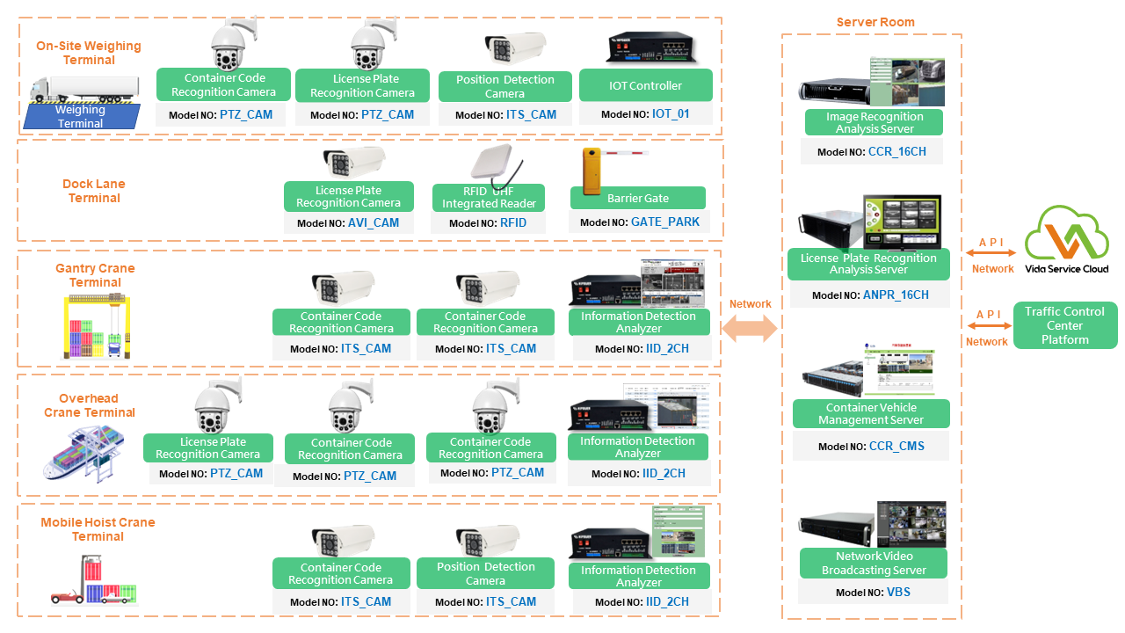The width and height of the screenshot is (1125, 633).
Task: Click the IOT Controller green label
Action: click(645, 86)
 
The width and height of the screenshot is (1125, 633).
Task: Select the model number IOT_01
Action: click(671, 114)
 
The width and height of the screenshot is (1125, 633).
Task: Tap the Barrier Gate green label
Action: click(637, 198)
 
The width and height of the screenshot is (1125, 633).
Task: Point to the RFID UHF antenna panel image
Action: click(497, 164)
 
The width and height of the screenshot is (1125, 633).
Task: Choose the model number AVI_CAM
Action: click(373, 223)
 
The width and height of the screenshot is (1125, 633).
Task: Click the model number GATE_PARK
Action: click(665, 222)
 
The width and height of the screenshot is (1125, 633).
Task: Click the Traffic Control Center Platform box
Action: click(1064, 325)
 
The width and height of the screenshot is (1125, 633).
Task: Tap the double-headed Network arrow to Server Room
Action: click(750, 328)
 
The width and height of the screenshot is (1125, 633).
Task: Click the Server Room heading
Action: click(875, 22)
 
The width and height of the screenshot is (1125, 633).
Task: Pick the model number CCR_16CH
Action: click(896, 152)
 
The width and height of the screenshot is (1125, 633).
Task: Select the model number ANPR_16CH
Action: click(896, 295)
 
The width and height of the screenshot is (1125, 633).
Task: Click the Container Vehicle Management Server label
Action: click(870, 414)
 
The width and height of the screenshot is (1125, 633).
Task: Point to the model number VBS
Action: click(898, 593)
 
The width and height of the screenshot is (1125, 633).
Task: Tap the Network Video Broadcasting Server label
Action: click(873, 563)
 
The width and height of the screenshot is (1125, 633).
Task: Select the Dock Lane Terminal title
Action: click(94, 191)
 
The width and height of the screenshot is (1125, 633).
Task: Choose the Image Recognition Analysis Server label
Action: click(874, 122)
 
